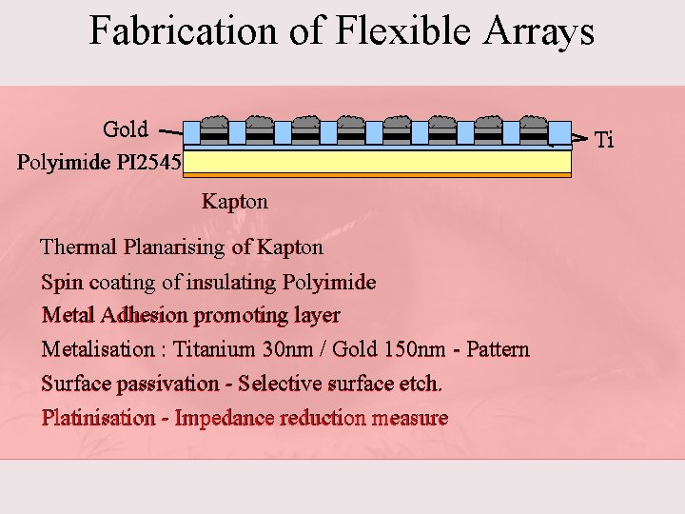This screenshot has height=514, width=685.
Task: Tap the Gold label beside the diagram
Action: (x=126, y=129)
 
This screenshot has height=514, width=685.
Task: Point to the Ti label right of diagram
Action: (x=604, y=141)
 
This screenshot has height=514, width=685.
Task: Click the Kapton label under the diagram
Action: (x=235, y=201)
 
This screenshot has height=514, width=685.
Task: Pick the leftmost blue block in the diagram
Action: (x=193, y=133)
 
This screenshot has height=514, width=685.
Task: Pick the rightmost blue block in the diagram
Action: (x=559, y=133)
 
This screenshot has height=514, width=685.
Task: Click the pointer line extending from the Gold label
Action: (x=168, y=131)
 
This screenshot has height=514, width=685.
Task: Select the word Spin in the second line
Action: (x=62, y=283)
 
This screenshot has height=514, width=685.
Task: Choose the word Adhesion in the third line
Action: (x=145, y=315)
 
